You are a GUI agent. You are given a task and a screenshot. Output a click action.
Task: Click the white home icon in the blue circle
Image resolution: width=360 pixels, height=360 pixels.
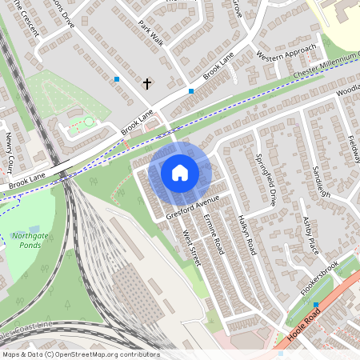180,172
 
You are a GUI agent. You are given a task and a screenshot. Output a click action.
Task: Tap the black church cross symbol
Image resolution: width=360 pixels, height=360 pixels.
147,82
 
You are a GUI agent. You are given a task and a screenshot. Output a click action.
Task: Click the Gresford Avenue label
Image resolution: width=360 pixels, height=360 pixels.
192,206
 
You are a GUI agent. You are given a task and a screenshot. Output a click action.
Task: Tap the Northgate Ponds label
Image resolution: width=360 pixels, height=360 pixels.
30,240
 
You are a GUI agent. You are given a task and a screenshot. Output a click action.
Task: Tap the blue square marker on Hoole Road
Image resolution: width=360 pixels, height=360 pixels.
316,304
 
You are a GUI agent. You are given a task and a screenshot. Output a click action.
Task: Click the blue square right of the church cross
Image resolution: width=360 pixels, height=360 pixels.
191,91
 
